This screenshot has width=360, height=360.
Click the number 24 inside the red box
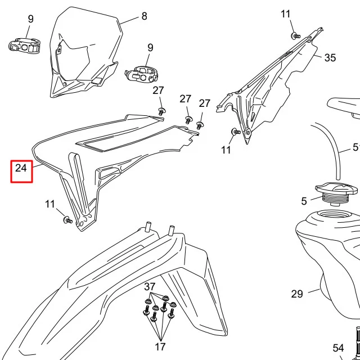click(x=21, y=168)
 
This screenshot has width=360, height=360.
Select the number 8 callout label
click(x=145, y=16)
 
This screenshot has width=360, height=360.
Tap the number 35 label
click(x=330, y=57)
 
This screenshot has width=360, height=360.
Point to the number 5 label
click(x=304, y=201)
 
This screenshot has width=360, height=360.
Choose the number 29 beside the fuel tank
click(x=297, y=294)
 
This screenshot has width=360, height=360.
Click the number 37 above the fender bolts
click(x=150, y=286)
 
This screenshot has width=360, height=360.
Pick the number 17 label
click(x=160, y=346)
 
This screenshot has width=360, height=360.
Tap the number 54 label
click(x=338, y=348)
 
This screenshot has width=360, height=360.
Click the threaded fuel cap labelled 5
click(x=336, y=193)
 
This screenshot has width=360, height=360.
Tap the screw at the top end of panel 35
click(x=296, y=36)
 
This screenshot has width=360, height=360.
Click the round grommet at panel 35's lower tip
click(x=247, y=133)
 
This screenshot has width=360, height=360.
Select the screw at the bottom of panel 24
click(x=67, y=220)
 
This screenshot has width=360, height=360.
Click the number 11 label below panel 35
click(x=226, y=150)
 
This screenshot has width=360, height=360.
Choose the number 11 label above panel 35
click(x=285, y=14)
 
